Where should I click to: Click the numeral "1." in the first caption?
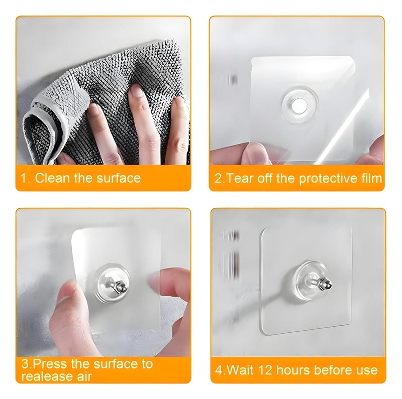pos(25,178)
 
